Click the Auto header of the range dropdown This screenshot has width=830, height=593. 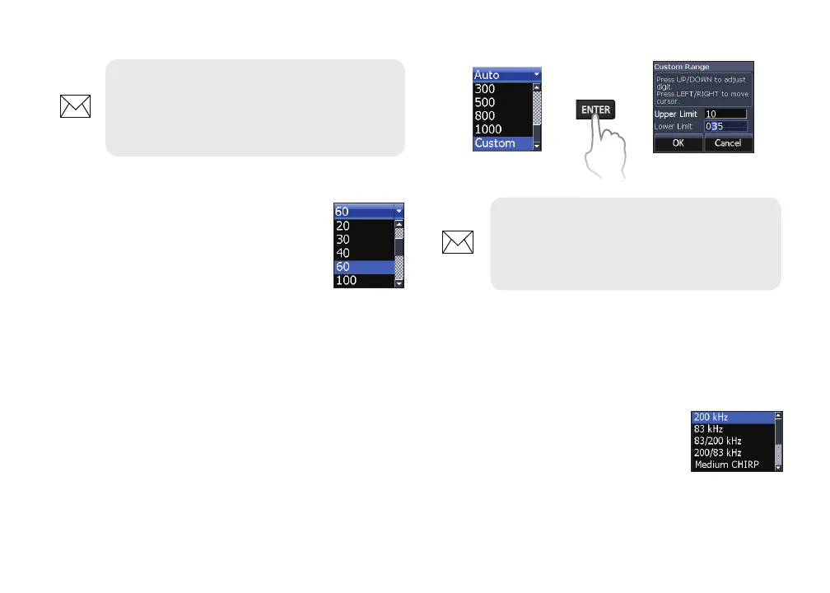(x=502, y=75)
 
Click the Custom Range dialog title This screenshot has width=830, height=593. (x=682, y=67)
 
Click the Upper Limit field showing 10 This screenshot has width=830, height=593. (x=724, y=113)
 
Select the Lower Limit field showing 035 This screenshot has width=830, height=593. (x=724, y=127)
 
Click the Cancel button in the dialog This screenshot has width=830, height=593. (x=728, y=143)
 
